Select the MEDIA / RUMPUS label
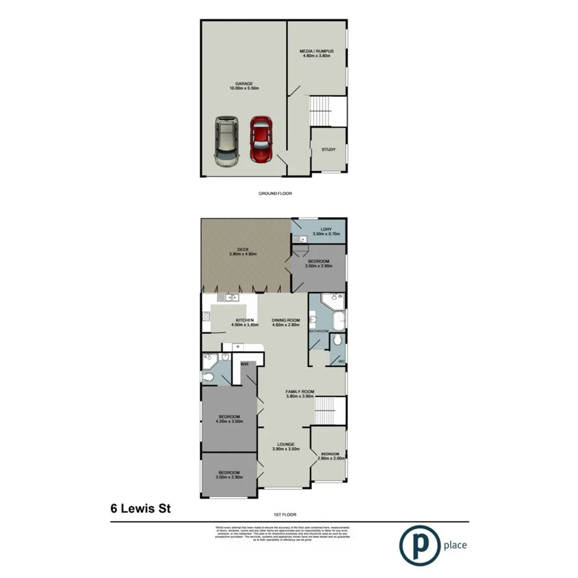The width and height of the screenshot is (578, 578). pyautogui.click(x=316, y=50)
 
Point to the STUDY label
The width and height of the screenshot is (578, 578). pyautogui.click(x=329, y=149)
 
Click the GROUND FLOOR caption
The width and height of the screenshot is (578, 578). pyautogui.click(x=275, y=193)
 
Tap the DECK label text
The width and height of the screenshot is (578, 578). pyautogui.click(x=242, y=249)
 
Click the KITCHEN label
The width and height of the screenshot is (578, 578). pyautogui.click(x=227, y=320)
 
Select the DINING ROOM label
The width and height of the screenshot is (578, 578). pyautogui.click(x=285, y=320)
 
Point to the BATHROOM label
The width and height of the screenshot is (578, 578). pyautogui.click(x=318, y=331)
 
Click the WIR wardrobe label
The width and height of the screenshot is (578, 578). pyautogui.click(x=244, y=364)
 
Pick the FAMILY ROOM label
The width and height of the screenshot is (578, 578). pyautogui.click(x=300, y=391)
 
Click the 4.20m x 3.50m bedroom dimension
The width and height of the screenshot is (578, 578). pyautogui.click(x=228, y=422)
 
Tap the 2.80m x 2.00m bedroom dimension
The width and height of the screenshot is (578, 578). pyautogui.click(x=329, y=459)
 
